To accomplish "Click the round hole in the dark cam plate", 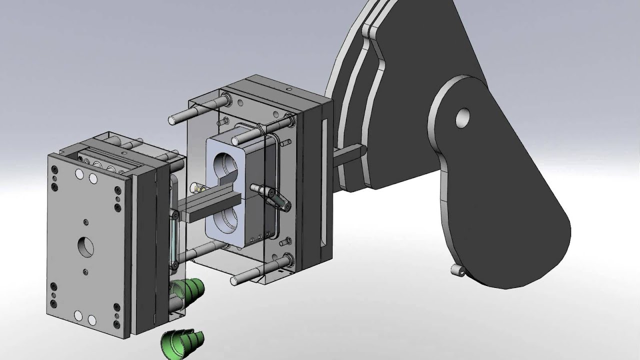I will [x=462, y=118].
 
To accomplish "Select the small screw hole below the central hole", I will [x=86, y=270].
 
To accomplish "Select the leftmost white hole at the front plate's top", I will [x=78, y=174].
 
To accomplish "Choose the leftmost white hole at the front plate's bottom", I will [x=78, y=315].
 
